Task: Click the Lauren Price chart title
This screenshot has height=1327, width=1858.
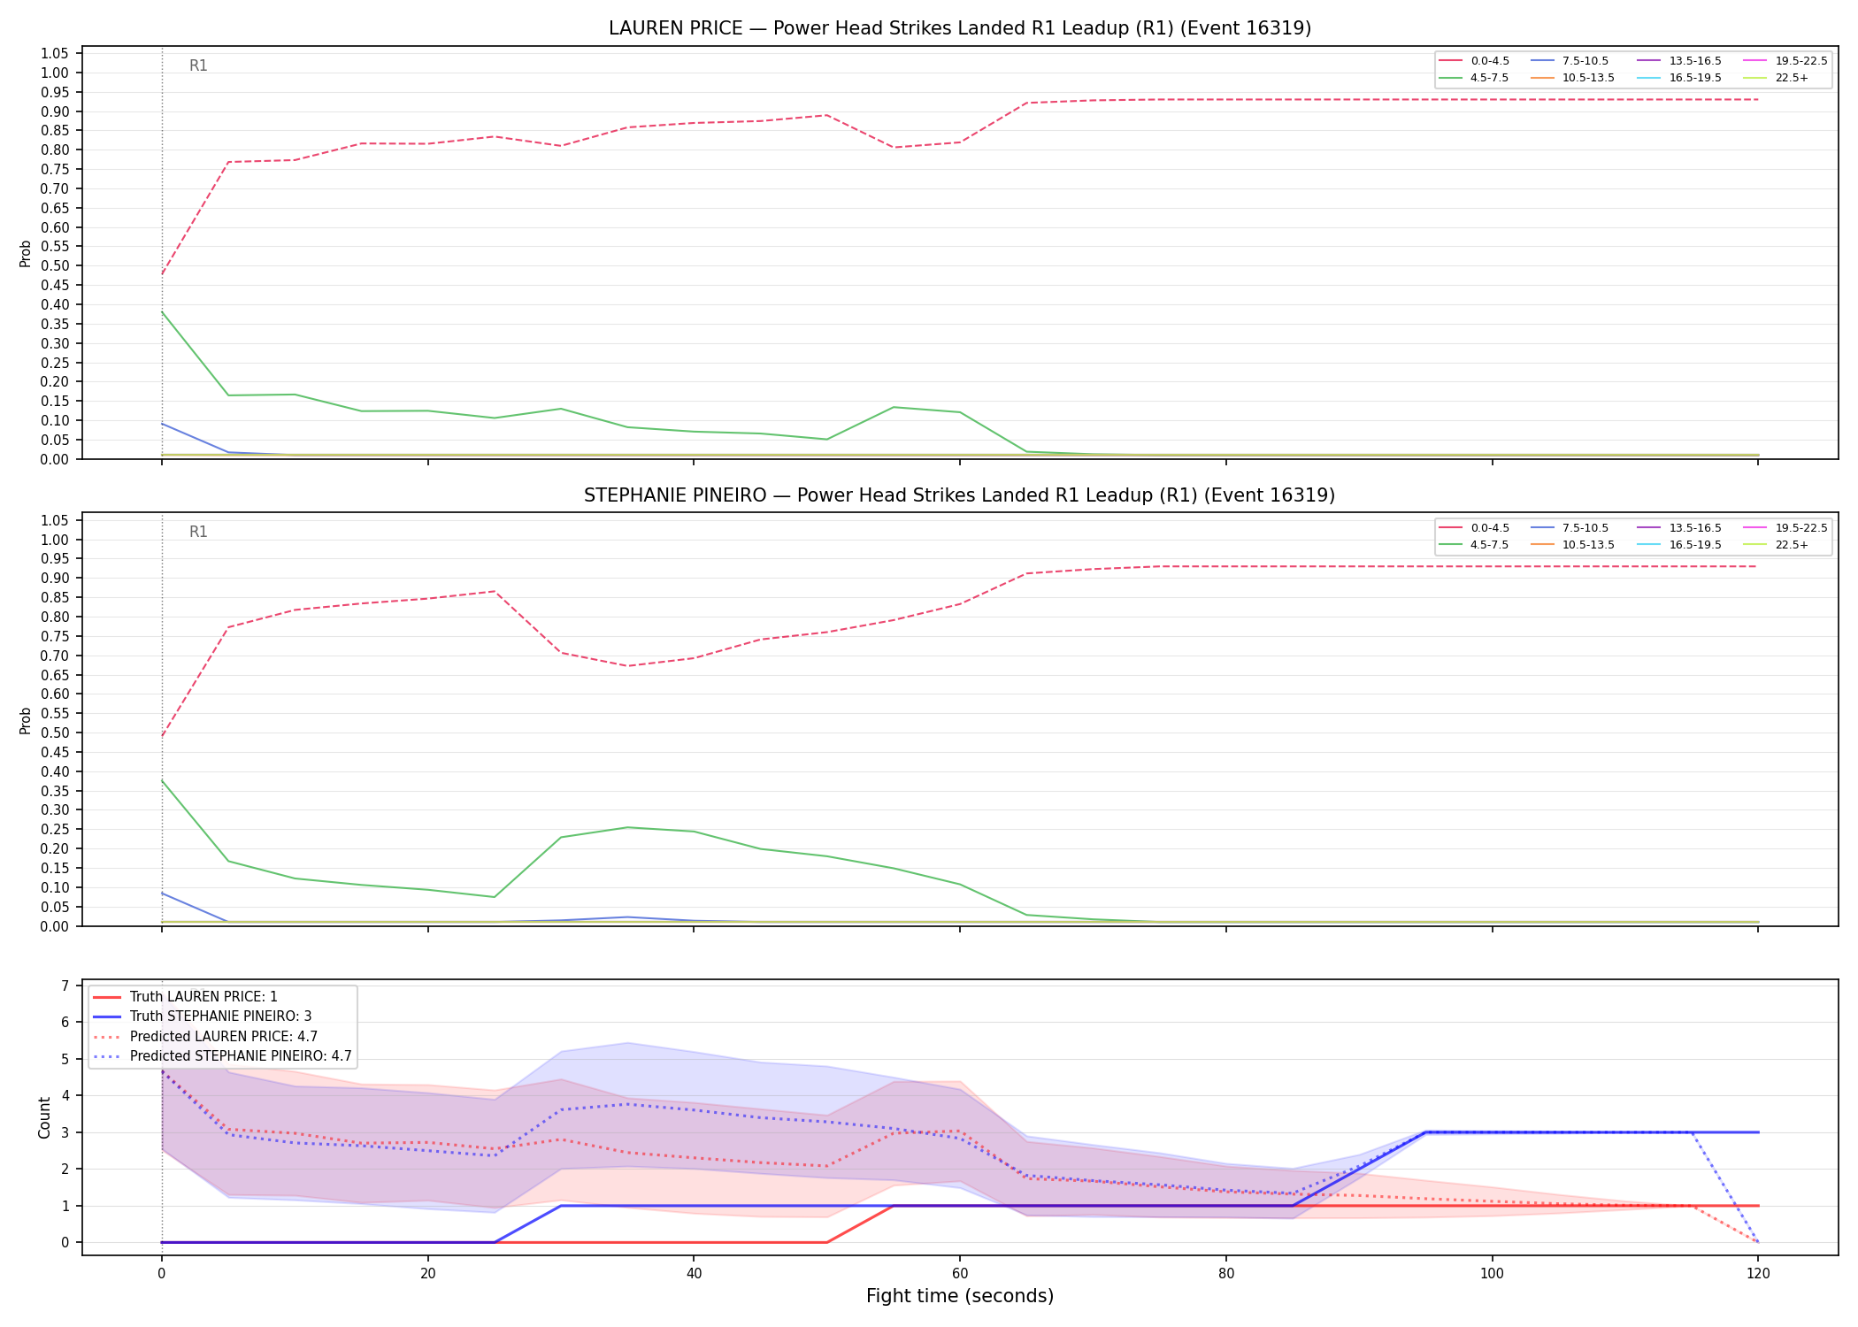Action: [x=960, y=28]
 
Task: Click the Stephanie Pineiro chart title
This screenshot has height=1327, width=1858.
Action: [x=960, y=495]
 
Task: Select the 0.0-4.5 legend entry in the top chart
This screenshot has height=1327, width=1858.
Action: [x=1474, y=61]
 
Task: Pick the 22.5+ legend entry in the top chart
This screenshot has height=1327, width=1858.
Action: [x=1776, y=78]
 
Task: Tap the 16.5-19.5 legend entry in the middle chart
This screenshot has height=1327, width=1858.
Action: [x=1678, y=545]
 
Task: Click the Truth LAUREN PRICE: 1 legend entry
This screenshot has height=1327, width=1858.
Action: [x=185, y=997]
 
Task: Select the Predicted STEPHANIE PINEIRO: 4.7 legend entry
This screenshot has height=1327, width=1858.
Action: [x=222, y=1056]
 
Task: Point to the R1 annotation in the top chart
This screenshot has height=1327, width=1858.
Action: [x=198, y=66]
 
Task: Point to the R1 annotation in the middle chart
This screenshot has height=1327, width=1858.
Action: [x=198, y=533]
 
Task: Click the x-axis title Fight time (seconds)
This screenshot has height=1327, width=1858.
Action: [x=960, y=1297]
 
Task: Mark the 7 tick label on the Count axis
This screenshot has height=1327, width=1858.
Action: [x=65, y=986]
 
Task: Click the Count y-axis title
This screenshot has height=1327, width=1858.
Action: [x=44, y=1117]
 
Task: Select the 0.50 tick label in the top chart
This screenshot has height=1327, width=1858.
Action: [x=55, y=266]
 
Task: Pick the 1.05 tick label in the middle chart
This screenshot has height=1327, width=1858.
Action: [x=55, y=520]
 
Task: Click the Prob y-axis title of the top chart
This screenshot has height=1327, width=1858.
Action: [x=26, y=254]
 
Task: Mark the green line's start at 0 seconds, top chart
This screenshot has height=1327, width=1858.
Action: [x=162, y=312]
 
